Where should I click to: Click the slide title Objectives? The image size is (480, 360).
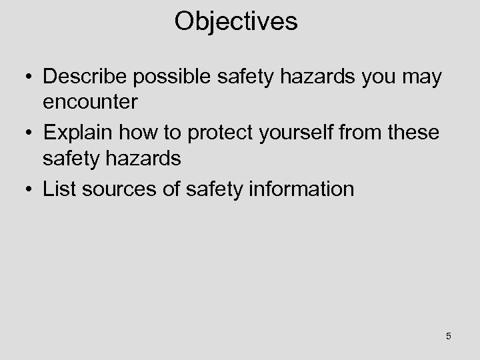(236, 22)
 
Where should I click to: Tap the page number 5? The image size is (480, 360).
(449, 336)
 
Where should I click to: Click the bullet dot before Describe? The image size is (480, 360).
(29, 78)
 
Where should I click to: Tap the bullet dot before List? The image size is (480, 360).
(29, 190)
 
